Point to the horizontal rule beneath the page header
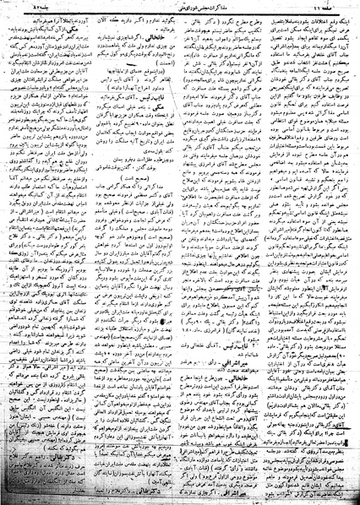tap(180, 15)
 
